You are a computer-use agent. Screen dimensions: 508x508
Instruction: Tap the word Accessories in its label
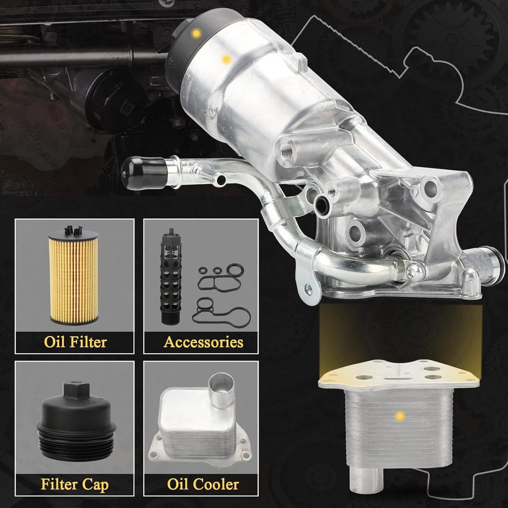pyautogui.click(x=203, y=342)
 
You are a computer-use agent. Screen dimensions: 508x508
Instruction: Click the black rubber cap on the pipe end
pyautogui.click(x=144, y=173)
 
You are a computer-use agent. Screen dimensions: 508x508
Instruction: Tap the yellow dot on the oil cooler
pyautogui.click(x=400, y=416)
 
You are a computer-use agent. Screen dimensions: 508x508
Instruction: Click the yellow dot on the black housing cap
pyautogui.click(x=196, y=33)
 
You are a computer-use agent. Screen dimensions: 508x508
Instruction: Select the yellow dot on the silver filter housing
pyautogui.click(x=226, y=59)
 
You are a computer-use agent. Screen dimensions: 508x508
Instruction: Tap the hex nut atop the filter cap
pyautogui.click(x=77, y=391)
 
